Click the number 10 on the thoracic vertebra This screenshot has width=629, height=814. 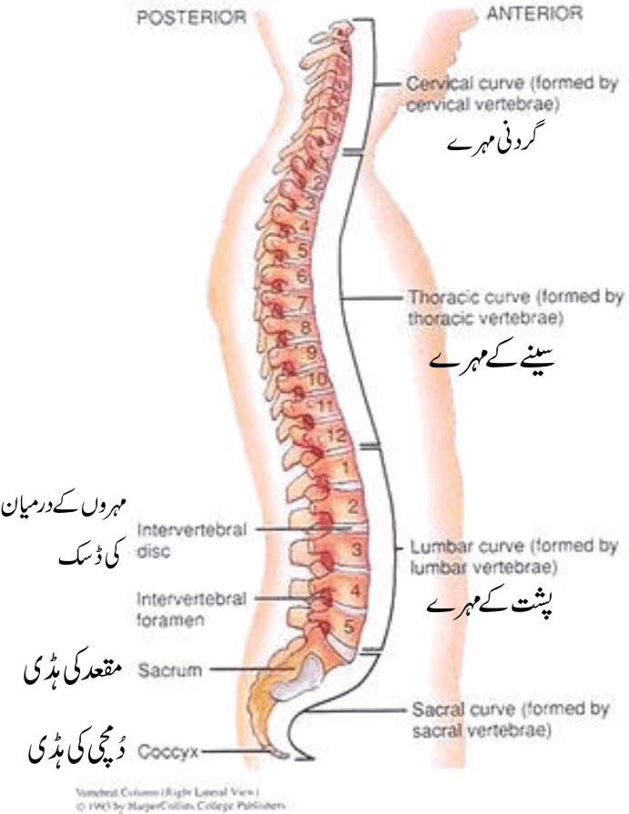(317, 377)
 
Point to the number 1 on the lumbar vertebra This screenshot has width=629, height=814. (344, 470)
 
